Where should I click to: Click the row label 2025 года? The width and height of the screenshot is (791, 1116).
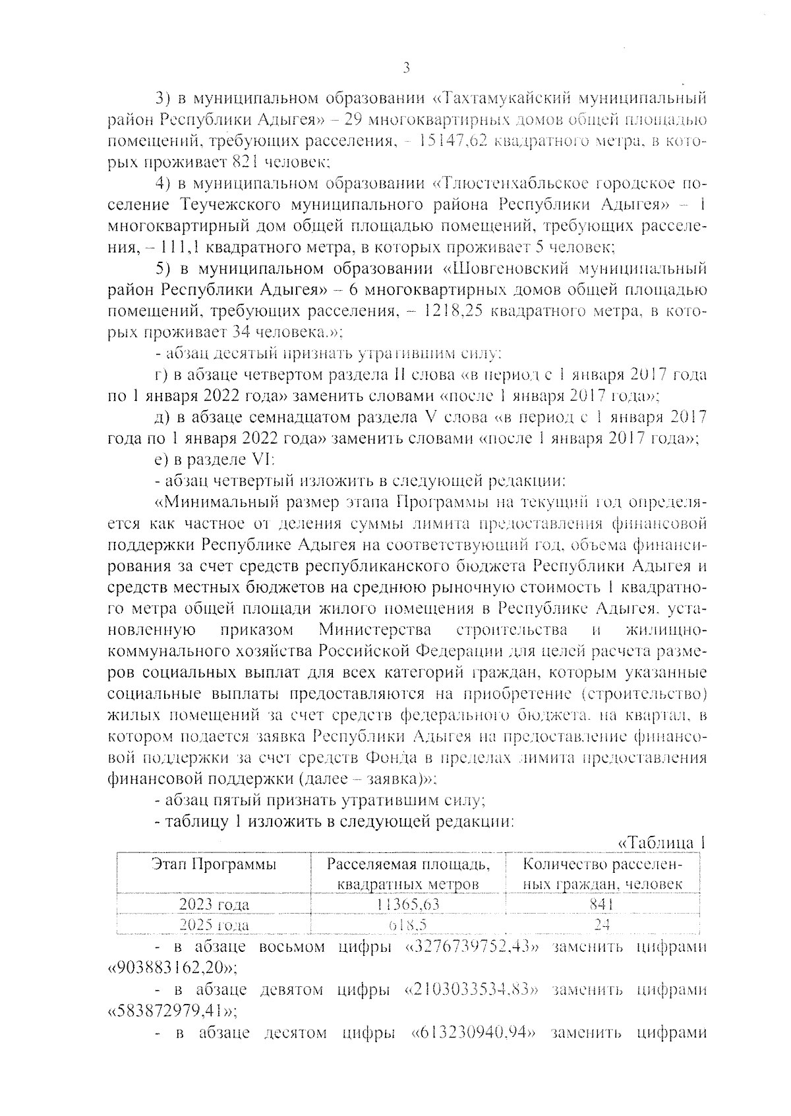tap(215, 925)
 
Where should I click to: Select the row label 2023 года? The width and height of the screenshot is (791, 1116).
tap(215, 904)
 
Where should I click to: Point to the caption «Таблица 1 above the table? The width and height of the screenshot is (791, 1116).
tap(661, 843)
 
